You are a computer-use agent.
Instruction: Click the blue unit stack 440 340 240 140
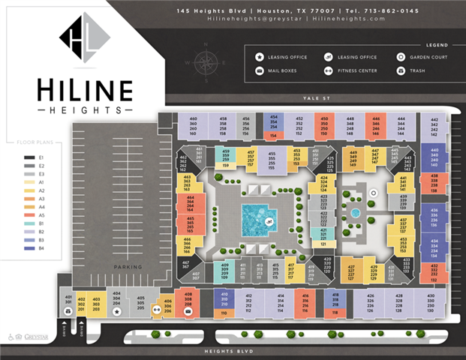pos(435,158)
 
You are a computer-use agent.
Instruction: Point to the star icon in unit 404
pos(116,310)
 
